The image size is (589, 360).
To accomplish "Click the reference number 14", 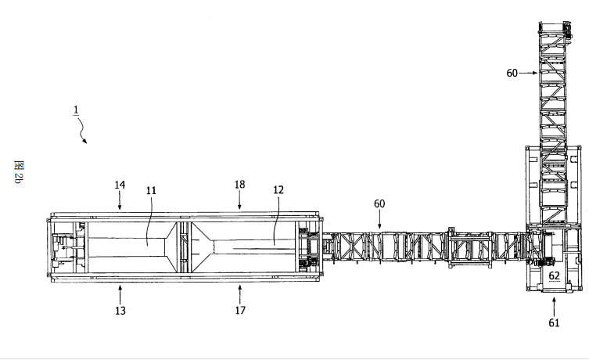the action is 120,185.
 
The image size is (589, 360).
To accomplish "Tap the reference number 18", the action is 239,185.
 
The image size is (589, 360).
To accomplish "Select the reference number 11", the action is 151,190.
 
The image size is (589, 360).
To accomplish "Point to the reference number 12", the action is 278,190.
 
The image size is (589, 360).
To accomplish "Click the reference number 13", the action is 120,311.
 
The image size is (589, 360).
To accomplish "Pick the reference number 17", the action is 240,311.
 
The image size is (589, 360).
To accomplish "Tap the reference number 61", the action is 554,322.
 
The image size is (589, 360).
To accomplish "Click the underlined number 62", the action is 555,276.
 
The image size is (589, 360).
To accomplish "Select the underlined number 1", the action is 76,110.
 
